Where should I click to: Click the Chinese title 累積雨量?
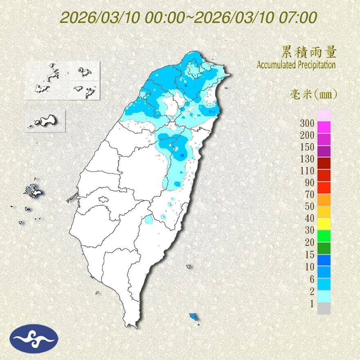pyautogui.click(x=309, y=52)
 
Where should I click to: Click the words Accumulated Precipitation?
pyautogui.click(x=296, y=65)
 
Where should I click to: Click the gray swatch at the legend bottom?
pyautogui.click(x=324, y=308)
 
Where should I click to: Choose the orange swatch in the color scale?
pyautogui.click(x=324, y=200)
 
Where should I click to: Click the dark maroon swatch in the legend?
pyautogui.click(x=324, y=163)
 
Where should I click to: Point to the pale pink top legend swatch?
pyautogui.click(x=324, y=115)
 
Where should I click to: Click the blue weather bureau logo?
pyautogui.click(x=34, y=339)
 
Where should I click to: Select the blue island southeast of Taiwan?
pyautogui.click(x=193, y=316)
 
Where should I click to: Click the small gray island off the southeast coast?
pyautogui.click(x=189, y=266)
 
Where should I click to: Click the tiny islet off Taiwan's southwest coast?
pyautogui.click(x=97, y=292)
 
